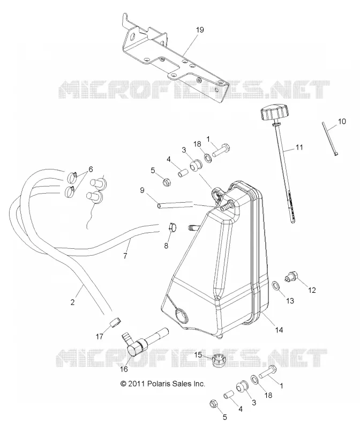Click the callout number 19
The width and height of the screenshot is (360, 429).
[200, 29]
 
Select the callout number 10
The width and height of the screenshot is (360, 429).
[342, 121]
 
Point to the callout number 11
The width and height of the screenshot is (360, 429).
[299, 147]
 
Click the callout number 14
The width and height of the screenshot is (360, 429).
[279, 330]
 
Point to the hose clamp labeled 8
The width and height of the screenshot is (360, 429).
[171, 227]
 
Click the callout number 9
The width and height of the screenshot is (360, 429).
[142, 190]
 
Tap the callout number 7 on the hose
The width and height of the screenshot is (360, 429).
[125, 256]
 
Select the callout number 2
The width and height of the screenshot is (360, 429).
[72, 302]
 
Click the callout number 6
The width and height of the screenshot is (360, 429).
[91, 169]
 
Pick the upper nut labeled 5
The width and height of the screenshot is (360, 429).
[166, 182]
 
